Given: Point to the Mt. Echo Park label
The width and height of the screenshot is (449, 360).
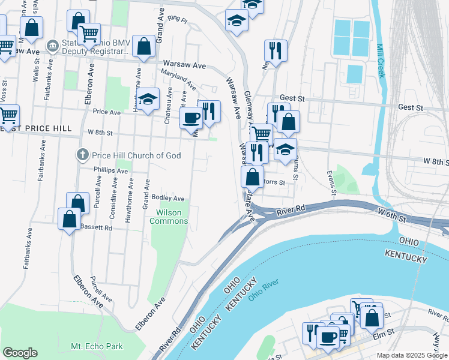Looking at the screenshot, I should pyautogui.click(x=97, y=346).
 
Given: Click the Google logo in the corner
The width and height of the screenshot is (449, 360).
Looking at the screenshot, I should pyautogui.click(x=20, y=353).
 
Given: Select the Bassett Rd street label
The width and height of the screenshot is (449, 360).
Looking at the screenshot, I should pyautogui.click(x=96, y=228).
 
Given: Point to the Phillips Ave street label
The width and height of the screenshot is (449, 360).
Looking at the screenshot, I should pyautogui.click(x=110, y=170).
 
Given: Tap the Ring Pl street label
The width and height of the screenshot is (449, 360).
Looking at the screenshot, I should pyautogui.click(x=178, y=20).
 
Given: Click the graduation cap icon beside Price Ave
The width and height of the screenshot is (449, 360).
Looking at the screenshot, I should pyautogui.click(x=148, y=98).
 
